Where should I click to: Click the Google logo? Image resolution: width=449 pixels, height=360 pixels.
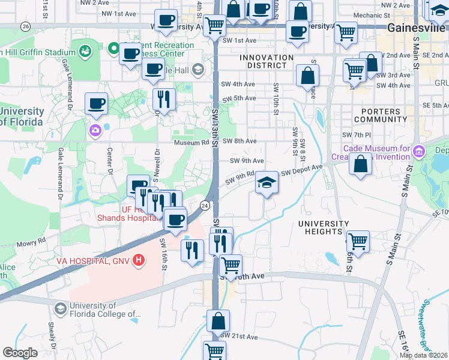tap(20, 353)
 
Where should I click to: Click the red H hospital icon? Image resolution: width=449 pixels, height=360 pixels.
tap(139, 260)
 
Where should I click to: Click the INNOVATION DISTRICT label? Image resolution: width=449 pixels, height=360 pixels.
tap(267, 62)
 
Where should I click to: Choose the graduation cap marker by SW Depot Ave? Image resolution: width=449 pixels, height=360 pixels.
tap(267, 183)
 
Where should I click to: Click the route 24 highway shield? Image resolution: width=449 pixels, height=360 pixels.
tap(205, 205)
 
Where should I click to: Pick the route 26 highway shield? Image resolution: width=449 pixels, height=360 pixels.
tap(25, 26)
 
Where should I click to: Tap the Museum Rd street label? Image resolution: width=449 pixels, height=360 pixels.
tap(191, 143)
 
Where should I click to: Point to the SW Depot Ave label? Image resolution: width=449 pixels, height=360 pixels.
tap(302, 170)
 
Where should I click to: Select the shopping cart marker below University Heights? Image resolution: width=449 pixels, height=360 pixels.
tap(358, 242)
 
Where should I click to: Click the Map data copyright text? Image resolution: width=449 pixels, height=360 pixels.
tap(424, 355)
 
